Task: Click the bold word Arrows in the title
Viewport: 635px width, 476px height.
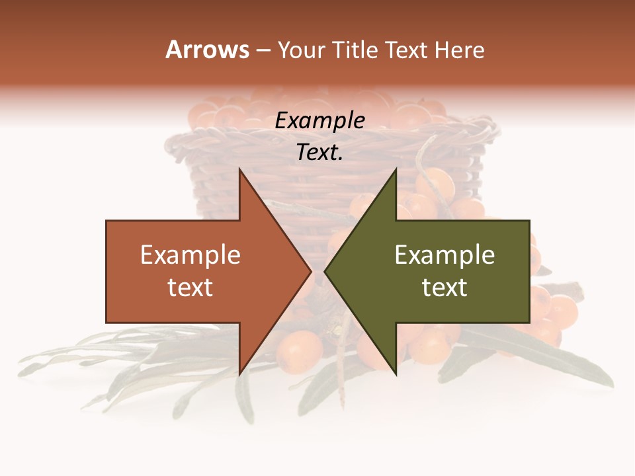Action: coord(207,50)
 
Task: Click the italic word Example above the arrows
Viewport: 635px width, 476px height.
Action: coord(319,120)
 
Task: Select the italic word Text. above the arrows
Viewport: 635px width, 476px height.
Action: coord(319,152)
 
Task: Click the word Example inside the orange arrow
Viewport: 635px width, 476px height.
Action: coord(190,255)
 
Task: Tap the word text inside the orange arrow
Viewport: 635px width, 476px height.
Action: coord(190,287)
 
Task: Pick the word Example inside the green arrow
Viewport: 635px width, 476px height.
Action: coord(444,255)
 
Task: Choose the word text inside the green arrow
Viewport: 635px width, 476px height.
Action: coord(444,287)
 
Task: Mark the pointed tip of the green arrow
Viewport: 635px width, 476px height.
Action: coord(325,271)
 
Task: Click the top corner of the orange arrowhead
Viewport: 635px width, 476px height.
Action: coord(239,169)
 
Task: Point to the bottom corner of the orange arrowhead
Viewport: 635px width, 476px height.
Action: coord(239,374)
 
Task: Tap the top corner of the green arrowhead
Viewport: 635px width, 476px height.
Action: coord(396,169)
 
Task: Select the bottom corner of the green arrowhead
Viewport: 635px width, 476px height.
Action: coord(396,374)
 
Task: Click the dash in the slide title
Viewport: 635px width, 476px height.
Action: coord(263,51)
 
